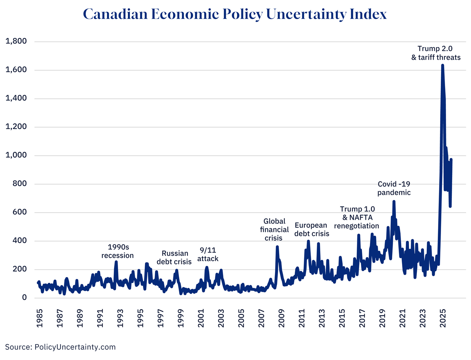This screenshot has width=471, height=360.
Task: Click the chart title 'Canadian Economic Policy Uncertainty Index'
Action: (235, 14)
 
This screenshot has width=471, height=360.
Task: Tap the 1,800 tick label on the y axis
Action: (16, 41)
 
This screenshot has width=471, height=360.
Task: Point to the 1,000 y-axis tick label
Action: (16, 155)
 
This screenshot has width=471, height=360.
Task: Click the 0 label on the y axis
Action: (24, 297)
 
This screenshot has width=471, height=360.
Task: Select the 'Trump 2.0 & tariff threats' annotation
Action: (435, 53)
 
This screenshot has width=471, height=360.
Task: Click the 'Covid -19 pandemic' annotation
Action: (394, 188)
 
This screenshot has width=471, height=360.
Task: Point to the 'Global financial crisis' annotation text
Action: (274, 230)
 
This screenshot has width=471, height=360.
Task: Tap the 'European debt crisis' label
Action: (312, 229)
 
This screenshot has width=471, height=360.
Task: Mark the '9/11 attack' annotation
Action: (208, 254)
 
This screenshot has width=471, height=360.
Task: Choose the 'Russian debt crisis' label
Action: (174, 257)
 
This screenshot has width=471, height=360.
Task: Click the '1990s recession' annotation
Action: (118, 251)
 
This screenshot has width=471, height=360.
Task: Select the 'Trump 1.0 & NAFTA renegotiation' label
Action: (357, 217)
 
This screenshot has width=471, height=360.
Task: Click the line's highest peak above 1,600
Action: (442, 65)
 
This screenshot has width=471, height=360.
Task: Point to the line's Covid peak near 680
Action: (394, 202)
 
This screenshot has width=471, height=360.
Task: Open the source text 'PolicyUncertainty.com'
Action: (75, 347)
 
